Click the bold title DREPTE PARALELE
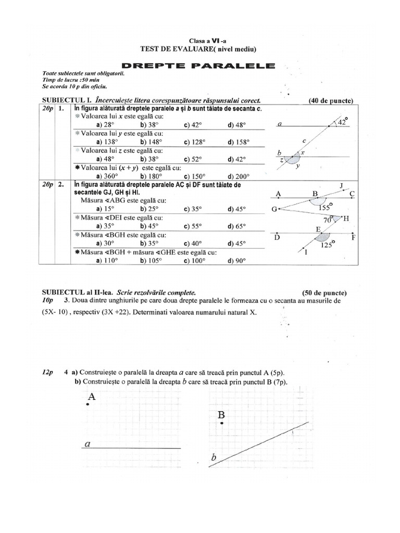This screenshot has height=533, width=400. click(x=198, y=66)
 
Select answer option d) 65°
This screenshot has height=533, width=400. click(x=236, y=226)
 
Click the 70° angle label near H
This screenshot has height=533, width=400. click(x=329, y=220)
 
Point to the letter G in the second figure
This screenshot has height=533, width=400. click(x=274, y=209)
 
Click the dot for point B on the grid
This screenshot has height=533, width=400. click(x=222, y=424)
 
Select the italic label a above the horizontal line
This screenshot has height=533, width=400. click(x=87, y=444)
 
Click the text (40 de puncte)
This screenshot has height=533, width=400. click(x=331, y=100)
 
